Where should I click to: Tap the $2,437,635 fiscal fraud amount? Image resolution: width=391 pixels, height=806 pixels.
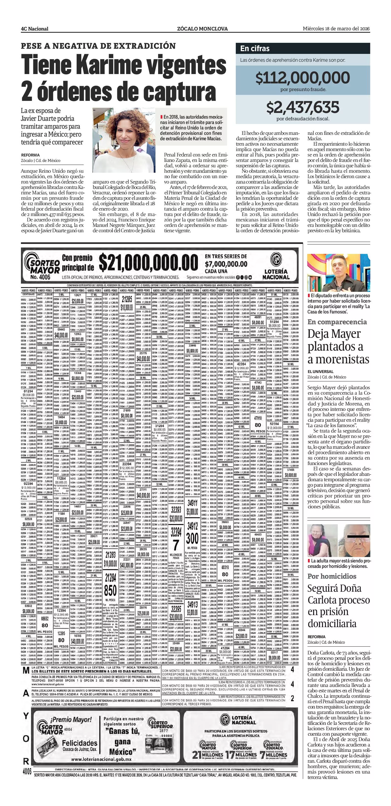click(303, 107)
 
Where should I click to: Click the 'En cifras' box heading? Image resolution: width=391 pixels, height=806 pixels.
click(255, 48)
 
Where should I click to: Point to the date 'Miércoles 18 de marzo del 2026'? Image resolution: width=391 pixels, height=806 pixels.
click(336, 29)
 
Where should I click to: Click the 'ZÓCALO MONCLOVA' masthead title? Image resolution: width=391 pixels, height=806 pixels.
click(202, 29)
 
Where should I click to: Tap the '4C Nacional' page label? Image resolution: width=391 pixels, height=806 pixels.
click(34, 29)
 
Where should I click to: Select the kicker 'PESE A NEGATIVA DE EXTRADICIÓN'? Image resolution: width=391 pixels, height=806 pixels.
click(98, 46)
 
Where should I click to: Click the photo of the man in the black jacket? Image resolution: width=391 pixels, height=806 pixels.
click(338, 273)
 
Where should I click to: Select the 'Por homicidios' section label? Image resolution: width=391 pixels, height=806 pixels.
click(332, 576)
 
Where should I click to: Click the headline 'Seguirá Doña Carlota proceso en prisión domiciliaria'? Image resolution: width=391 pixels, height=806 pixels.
click(338, 606)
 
